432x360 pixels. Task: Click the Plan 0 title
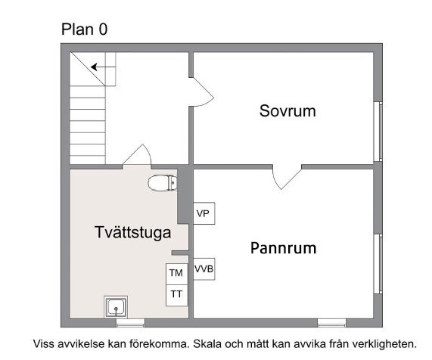[x=84, y=29]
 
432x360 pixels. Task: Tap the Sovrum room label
[x=287, y=111]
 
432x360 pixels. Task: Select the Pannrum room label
[x=283, y=248]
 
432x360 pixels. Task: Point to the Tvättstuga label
[x=133, y=232]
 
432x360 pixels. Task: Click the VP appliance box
[x=204, y=213]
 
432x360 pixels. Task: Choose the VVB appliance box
[x=204, y=269]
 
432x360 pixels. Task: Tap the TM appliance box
[x=176, y=274]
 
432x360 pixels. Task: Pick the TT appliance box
[x=176, y=295]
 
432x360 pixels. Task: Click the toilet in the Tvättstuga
[x=162, y=182]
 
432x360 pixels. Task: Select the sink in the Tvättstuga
[x=116, y=307]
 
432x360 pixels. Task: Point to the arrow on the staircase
[x=103, y=67]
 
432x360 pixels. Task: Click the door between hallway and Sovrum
[x=201, y=92]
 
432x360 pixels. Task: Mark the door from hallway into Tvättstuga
[x=137, y=155]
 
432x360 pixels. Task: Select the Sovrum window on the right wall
[x=378, y=132]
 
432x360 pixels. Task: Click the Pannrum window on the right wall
[x=378, y=264]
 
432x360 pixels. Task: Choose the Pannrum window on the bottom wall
[x=331, y=323]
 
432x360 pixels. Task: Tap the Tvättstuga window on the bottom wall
[x=130, y=323]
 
